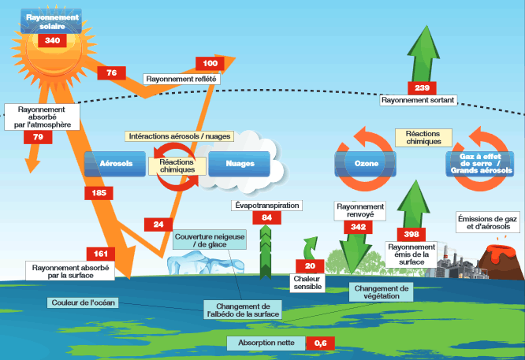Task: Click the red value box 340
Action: (53, 40)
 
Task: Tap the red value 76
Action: (111, 72)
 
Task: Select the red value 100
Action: (210, 63)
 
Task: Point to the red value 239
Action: (422, 87)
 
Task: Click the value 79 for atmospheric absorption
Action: (38, 137)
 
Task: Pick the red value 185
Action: (99, 192)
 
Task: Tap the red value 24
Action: (158, 225)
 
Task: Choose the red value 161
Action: (101, 254)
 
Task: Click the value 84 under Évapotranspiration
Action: (267, 217)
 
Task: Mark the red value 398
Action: (411, 234)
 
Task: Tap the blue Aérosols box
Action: (115, 164)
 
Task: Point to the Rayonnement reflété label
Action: (181, 79)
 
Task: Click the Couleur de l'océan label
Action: (83, 302)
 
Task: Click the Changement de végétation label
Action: (382, 292)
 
